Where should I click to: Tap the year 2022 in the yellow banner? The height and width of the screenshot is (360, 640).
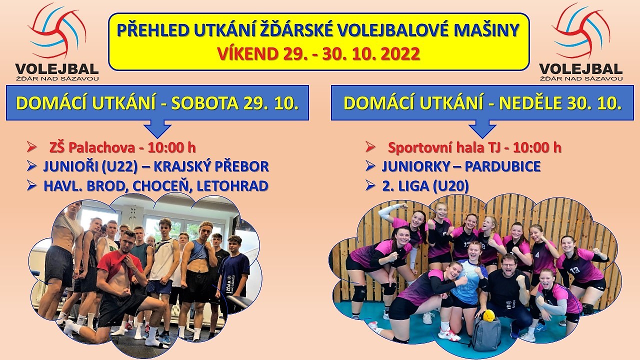coord(400,54)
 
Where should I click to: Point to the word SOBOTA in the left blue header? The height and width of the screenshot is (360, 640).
coord(205,103)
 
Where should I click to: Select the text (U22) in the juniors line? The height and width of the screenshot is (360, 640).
coord(119,167)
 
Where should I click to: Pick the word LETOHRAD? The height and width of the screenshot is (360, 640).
coord(232,186)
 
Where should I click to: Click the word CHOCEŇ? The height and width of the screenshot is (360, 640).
coord(160,186)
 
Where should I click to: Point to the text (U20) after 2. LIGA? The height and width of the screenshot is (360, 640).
coord(450,186)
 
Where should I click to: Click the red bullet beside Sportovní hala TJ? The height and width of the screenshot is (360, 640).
coord(370,147)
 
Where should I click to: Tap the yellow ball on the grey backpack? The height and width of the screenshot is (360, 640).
coord(489,315)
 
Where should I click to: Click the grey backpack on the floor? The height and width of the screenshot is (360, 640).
coord(486,333)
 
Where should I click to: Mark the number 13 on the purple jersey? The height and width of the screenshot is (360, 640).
coord(574,269)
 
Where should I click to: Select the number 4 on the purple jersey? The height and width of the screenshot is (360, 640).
coord(537,254)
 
